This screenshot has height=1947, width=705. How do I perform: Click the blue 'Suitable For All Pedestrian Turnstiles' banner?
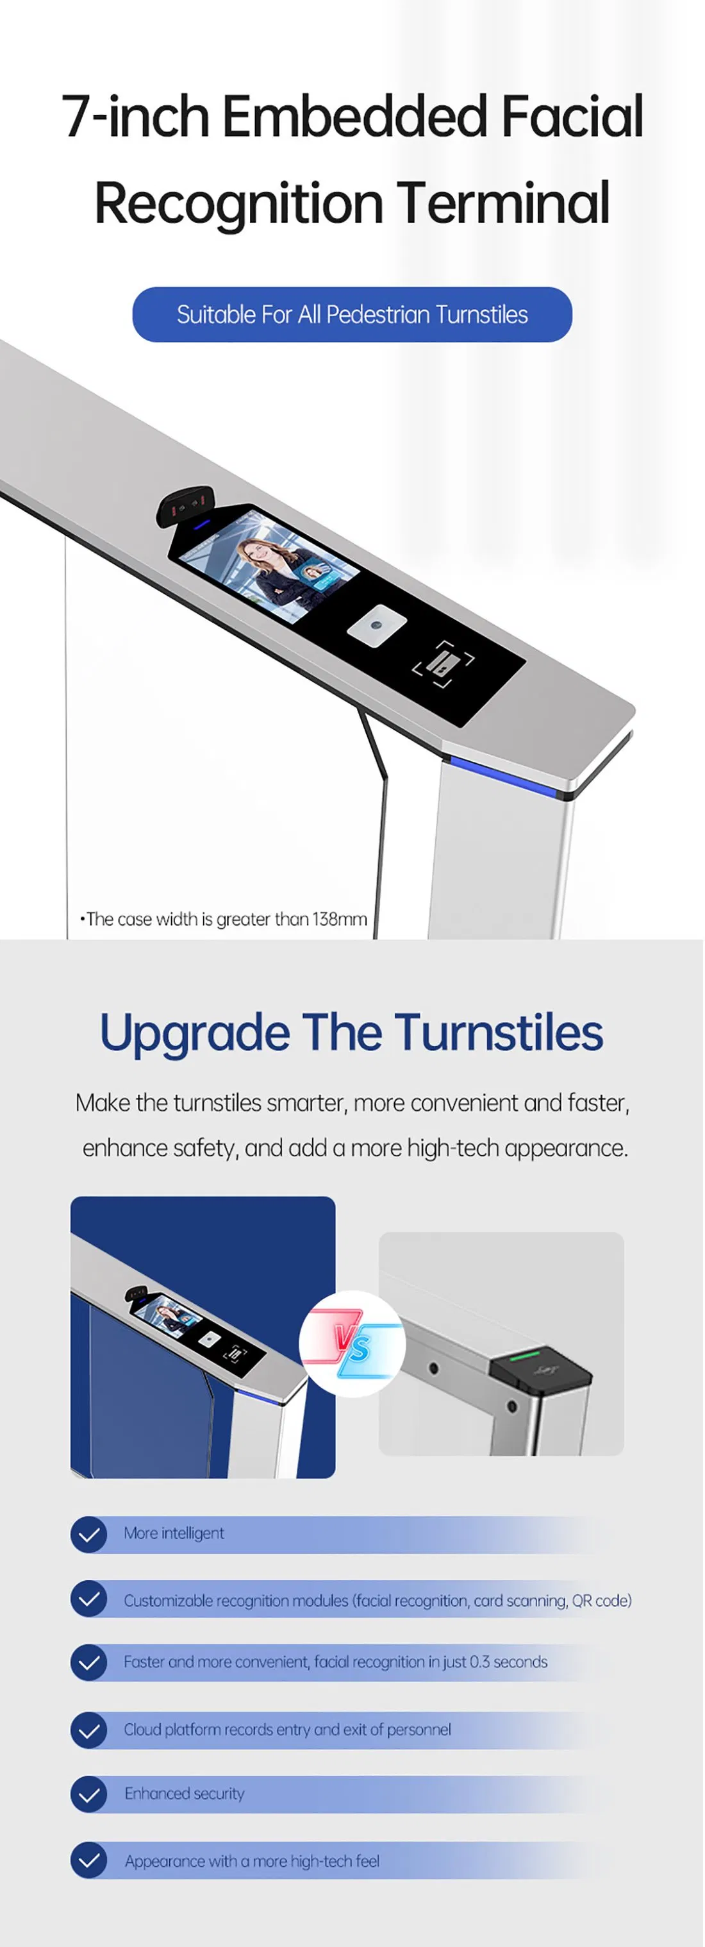(x=352, y=314)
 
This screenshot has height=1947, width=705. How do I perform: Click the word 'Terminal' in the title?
(x=502, y=203)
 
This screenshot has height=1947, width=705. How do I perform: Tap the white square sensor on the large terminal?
(x=376, y=625)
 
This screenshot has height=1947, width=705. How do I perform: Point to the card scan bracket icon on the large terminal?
(x=443, y=664)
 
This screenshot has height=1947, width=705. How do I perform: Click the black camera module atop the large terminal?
(x=186, y=504)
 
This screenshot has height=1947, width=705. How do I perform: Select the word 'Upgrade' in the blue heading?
(x=194, y=1034)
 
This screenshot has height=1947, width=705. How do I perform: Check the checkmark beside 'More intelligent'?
(x=88, y=1534)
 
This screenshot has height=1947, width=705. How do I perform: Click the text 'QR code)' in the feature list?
(x=602, y=1600)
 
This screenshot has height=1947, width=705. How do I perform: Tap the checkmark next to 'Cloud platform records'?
(x=88, y=1730)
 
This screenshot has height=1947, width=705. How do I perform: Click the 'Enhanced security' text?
(x=185, y=1794)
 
